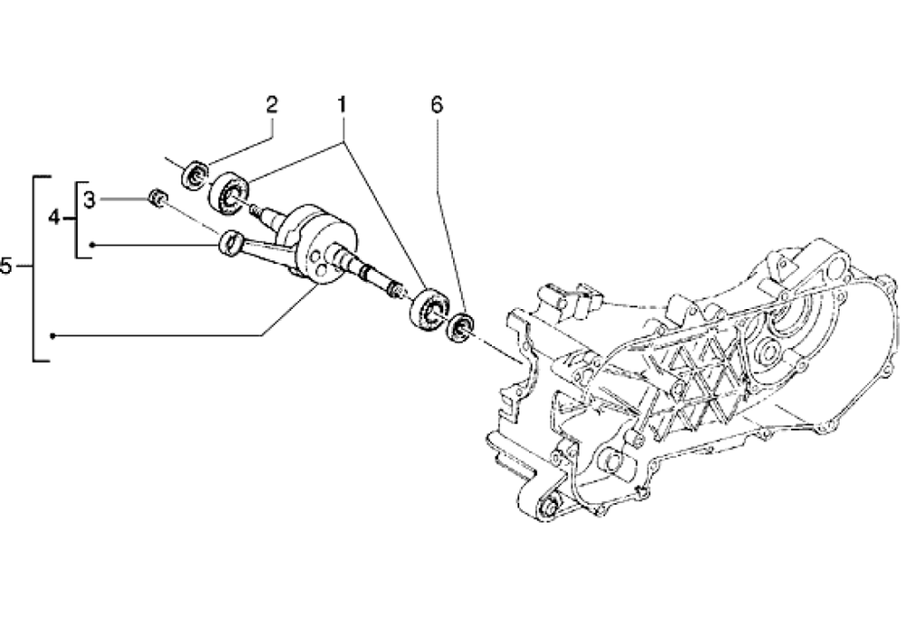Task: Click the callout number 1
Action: pos(342,105)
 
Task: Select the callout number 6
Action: pos(437,105)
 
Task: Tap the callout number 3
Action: pos(89,198)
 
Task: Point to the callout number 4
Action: pos(55,218)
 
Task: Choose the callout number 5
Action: pos(6,267)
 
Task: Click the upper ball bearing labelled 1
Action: pos(229,192)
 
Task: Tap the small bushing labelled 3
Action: pos(156,197)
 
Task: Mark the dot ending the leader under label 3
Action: pos(92,245)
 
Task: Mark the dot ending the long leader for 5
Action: pos(53,336)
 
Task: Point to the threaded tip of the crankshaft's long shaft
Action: pos(395,289)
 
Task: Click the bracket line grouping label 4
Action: pos(76,218)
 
